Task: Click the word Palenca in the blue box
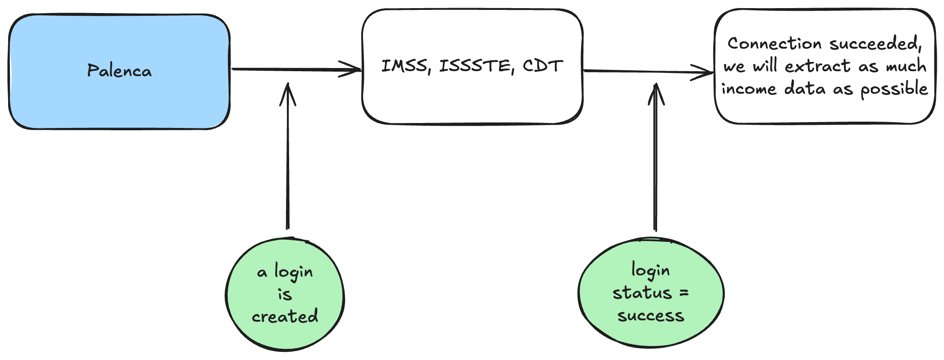pos(119,71)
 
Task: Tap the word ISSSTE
pos(477,67)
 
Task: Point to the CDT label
pos(543,66)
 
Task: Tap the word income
pos(749,88)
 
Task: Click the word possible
pos(894,89)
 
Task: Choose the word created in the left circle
pos(285,316)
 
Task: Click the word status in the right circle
pos(642,293)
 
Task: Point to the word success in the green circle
pos(651,316)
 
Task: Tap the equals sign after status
pos(684,293)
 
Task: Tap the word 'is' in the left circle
pos(285,294)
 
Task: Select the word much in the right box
pos(906,66)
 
